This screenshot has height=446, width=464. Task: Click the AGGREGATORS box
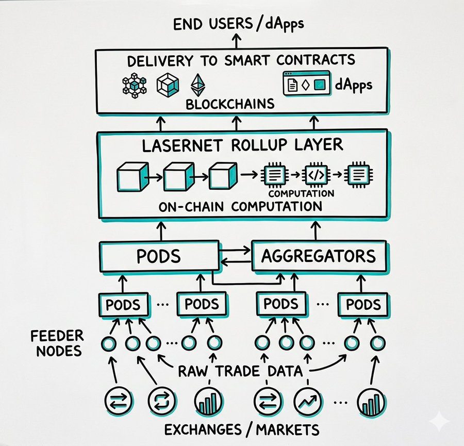tap(319, 256)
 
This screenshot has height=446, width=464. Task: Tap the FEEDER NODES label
tap(57, 344)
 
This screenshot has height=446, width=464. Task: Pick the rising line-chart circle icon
tap(308, 400)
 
